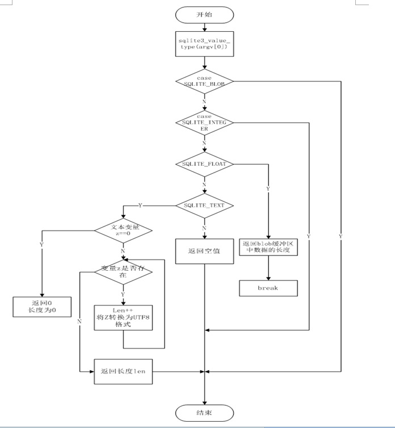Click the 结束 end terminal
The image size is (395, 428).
coord(204,413)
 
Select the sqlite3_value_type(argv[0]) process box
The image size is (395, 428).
coord(204,43)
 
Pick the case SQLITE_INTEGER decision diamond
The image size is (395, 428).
coord(204,123)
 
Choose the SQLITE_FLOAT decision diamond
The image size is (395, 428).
coord(204,164)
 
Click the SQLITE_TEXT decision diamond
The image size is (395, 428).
coord(204,205)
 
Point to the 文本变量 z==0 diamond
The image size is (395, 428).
coord(123,230)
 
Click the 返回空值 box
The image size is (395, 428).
coord(204,250)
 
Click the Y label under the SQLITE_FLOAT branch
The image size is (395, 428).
coord(268,188)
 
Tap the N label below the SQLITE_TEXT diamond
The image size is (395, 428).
coord(204,228)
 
